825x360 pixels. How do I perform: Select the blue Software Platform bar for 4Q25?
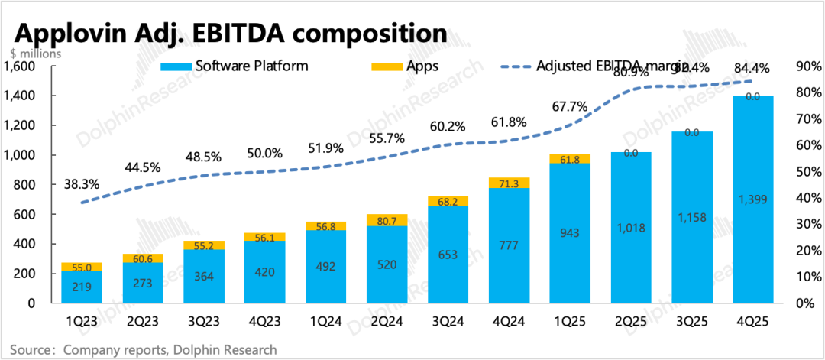click(752, 229)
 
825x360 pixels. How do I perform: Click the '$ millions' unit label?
click(36, 54)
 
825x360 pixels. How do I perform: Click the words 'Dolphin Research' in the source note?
click(228, 349)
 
